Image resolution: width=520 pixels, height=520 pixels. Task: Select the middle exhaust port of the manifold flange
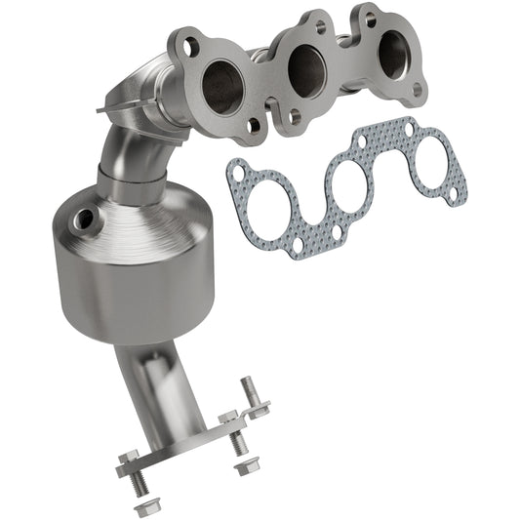tap(306, 67)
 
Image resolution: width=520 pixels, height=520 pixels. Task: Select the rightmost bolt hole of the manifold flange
tap(419, 89)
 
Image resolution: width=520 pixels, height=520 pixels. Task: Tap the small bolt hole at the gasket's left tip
tap(235, 173)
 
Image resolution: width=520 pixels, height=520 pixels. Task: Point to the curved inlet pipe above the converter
tap(123, 137)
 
